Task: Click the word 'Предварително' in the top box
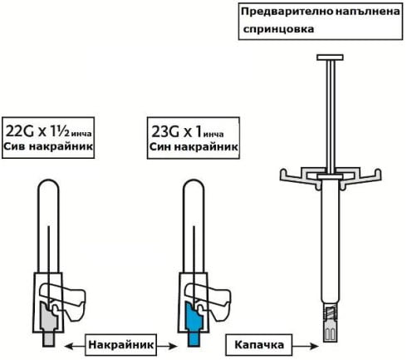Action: [287, 12]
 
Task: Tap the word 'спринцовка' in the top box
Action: [278, 29]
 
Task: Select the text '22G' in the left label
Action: [20, 131]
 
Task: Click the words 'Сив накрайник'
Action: [48, 146]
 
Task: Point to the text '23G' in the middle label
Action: [165, 131]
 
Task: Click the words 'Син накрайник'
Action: [194, 146]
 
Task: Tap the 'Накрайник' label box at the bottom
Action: [120, 345]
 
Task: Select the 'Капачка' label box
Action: [259, 345]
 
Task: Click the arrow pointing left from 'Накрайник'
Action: [75, 346]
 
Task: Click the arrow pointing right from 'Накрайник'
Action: [167, 346]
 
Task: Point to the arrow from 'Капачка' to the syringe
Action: [306, 346]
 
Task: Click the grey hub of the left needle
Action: [49, 323]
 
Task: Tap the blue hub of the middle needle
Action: [194, 323]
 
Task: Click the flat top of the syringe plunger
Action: [330, 57]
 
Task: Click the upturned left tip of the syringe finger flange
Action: [283, 174]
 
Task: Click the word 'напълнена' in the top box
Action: [368, 12]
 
